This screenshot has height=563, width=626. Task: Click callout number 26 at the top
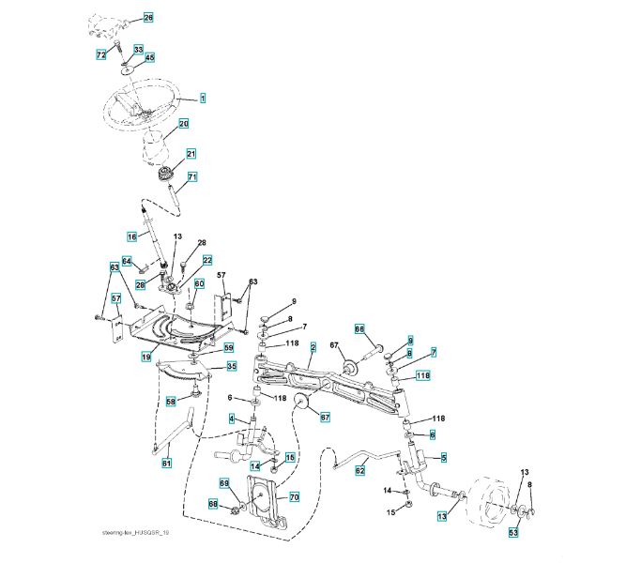(148, 18)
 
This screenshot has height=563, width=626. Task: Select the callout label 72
(101, 55)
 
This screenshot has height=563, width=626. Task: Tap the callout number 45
(149, 57)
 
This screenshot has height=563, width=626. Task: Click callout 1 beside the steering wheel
(203, 98)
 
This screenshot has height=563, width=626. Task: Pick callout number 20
(184, 123)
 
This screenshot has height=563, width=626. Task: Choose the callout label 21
(191, 154)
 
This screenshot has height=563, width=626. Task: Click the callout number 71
(192, 176)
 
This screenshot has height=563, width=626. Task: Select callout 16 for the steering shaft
(132, 236)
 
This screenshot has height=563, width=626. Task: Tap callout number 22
(207, 260)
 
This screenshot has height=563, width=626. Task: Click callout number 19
(146, 357)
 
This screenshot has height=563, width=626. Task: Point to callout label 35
(232, 367)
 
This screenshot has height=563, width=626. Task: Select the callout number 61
(167, 463)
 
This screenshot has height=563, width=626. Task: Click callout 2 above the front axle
(313, 347)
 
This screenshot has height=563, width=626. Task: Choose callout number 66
(359, 328)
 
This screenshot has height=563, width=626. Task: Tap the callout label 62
(360, 472)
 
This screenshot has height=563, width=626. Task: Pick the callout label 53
(513, 532)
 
